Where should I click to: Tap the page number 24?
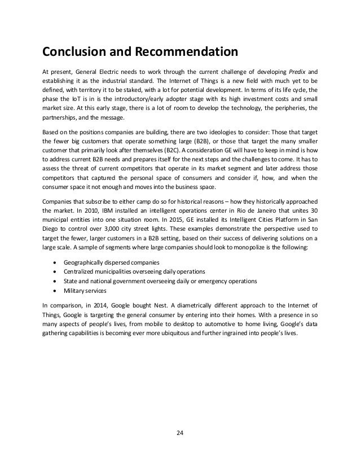click(x=180, y=433)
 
